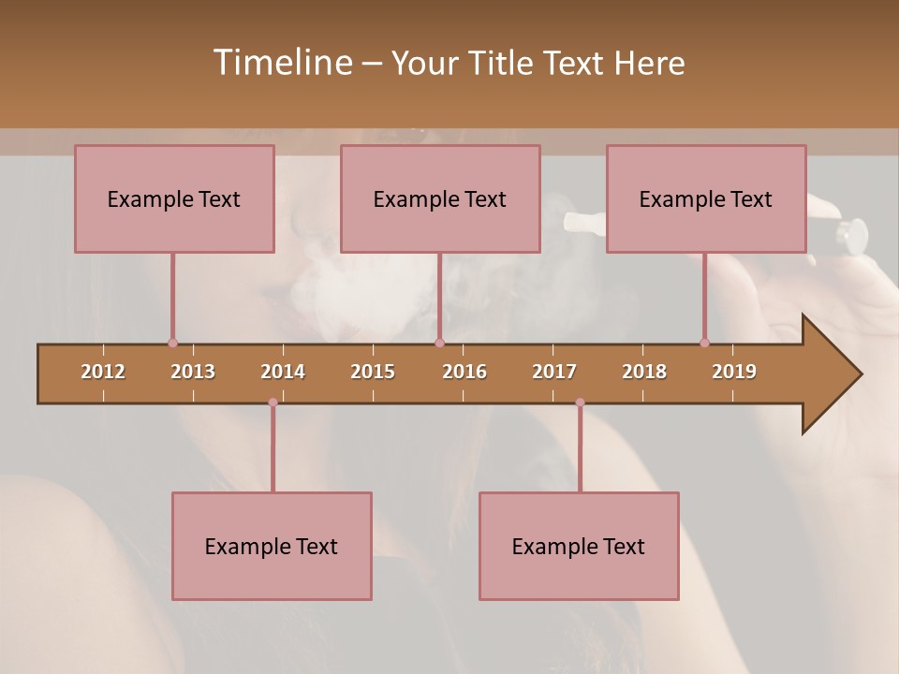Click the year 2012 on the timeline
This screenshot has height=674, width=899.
(x=103, y=372)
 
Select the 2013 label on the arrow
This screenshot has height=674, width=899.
(x=193, y=372)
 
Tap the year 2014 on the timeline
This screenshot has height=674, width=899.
(x=283, y=372)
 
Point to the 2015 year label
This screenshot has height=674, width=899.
(x=373, y=372)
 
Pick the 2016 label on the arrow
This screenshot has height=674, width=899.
(x=464, y=372)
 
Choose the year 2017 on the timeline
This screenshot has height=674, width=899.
(x=554, y=372)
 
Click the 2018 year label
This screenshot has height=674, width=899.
(x=644, y=372)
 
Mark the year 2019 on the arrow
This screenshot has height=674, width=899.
(x=734, y=372)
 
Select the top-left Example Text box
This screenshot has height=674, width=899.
(x=174, y=198)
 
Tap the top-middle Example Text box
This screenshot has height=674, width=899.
(x=440, y=198)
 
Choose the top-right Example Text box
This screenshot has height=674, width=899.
(x=706, y=198)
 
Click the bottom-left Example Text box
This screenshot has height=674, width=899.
(x=272, y=546)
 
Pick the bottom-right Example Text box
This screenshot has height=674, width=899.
(x=579, y=546)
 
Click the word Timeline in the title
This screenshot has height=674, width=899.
(x=282, y=63)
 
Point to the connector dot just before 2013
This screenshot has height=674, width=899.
(x=172, y=344)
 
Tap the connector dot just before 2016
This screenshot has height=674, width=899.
(x=440, y=344)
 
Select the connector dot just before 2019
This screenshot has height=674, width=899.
(x=705, y=344)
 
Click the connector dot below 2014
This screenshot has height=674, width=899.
(x=273, y=403)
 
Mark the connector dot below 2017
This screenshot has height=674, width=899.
(x=580, y=403)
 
